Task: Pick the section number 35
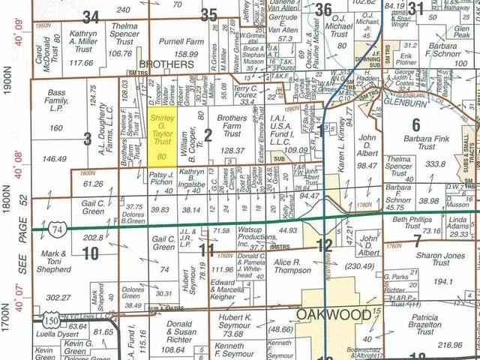point(209,13)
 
